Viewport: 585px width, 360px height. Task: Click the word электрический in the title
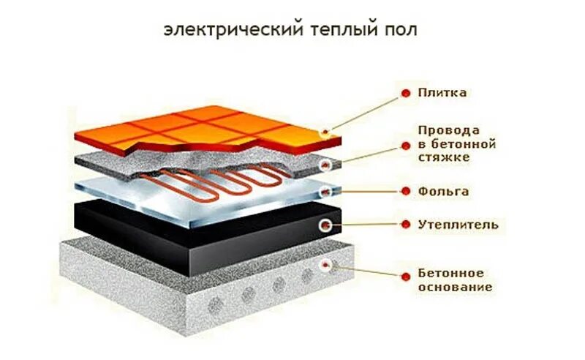point(213,31)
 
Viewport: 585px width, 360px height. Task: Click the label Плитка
point(442,93)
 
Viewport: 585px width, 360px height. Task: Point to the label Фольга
point(443,191)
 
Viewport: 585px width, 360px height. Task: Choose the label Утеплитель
point(458,224)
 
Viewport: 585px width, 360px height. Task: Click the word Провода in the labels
point(448,130)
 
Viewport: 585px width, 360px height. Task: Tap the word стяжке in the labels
point(443,157)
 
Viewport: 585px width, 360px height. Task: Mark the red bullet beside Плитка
point(404,93)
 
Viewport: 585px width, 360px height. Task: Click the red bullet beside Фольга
point(404,192)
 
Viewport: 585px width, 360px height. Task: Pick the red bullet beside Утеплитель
point(404,224)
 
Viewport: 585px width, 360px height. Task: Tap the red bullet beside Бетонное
point(404,274)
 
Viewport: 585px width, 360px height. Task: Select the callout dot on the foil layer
point(326,192)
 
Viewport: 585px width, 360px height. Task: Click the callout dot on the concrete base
point(326,265)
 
